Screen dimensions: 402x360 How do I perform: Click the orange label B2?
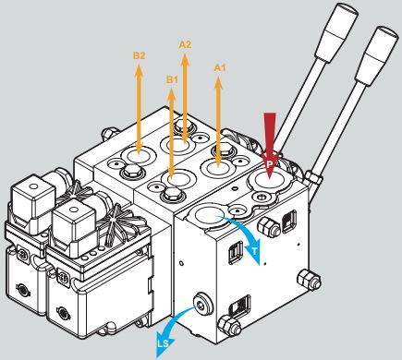pos(139,55)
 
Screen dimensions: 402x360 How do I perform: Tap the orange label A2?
pos(185,44)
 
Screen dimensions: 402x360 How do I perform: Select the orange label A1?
pos(220,67)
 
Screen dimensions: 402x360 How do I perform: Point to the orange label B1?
pos(172,79)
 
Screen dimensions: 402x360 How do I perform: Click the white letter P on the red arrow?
pos(270,163)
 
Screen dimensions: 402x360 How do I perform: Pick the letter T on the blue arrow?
pos(254,251)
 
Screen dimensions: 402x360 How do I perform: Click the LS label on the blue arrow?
pos(164,343)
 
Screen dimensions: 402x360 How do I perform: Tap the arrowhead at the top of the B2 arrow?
pos(139,69)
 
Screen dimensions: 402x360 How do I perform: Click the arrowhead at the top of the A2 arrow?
pos(185,60)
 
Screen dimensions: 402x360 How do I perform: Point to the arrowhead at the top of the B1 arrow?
pos(171,95)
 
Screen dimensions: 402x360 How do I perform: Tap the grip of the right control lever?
pos(376,56)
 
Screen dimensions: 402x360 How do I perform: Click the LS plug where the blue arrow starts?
pos(201,305)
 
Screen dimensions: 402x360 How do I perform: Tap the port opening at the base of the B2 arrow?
pos(138,156)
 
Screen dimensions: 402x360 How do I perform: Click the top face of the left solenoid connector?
pos(33,187)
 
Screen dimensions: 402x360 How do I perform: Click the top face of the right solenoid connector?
pos(74,211)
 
